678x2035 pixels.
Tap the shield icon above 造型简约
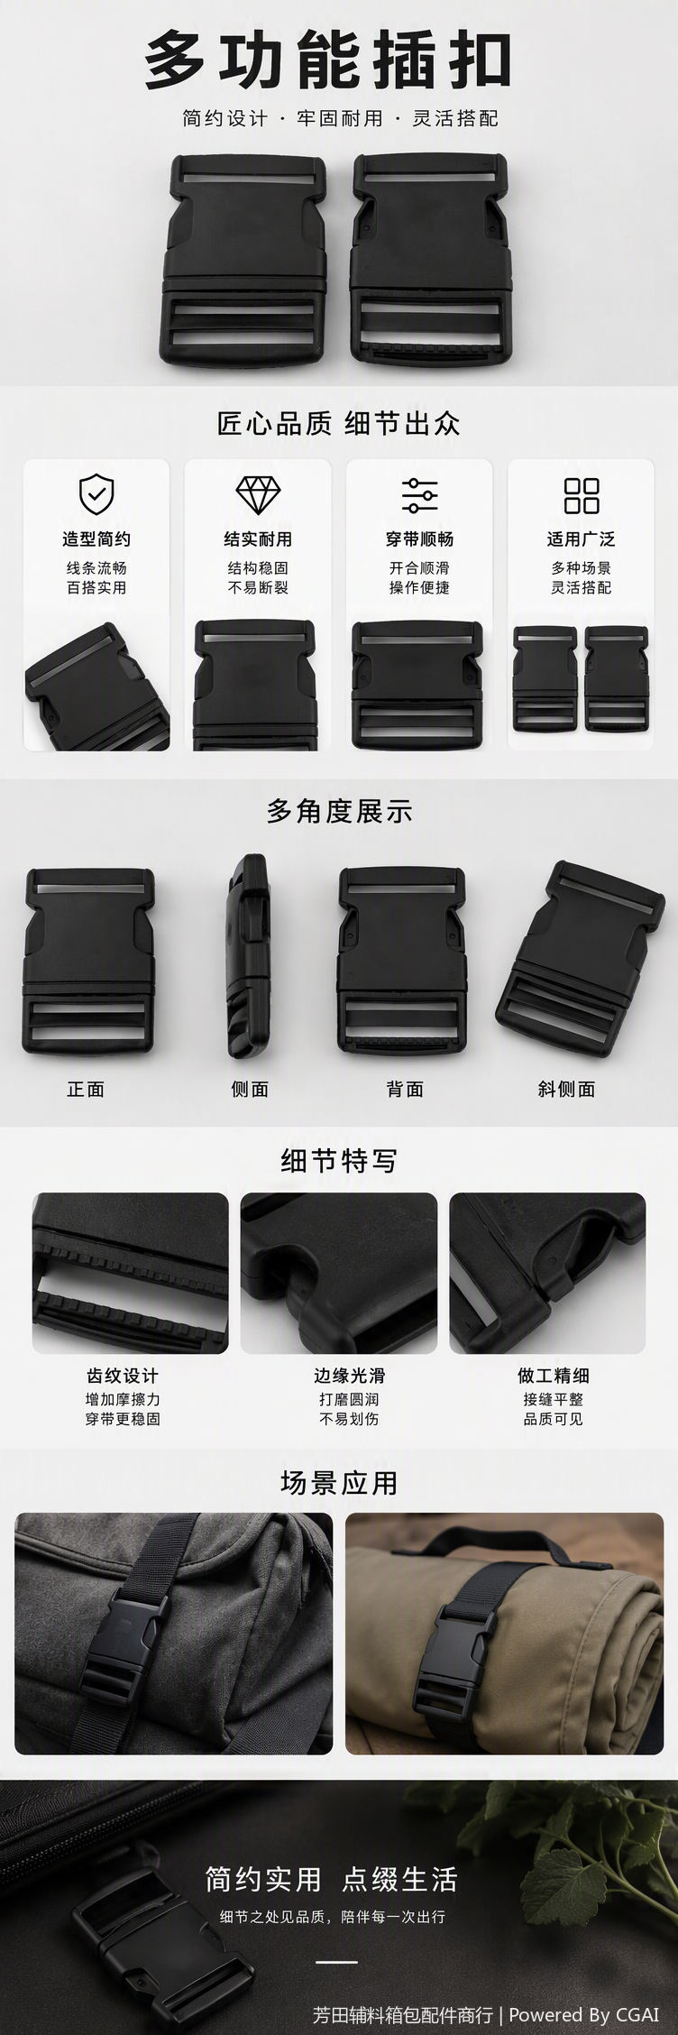(x=96, y=493)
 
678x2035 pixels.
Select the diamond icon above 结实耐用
(x=258, y=494)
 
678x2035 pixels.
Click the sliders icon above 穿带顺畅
(x=419, y=494)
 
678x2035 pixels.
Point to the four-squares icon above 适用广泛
(x=582, y=494)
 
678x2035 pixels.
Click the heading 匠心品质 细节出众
(x=339, y=423)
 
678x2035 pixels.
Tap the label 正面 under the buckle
(x=86, y=1089)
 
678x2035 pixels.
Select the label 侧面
(x=250, y=1089)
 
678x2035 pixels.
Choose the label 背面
(x=405, y=1089)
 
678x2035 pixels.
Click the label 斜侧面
(x=566, y=1089)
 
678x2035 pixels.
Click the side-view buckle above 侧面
(x=247, y=957)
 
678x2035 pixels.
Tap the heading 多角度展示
(x=339, y=811)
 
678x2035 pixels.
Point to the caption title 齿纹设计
(x=123, y=1376)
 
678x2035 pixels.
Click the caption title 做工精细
(x=554, y=1376)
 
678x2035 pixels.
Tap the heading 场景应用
(x=339, y=1483)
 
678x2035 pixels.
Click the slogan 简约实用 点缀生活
(x=331, y=1879)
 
